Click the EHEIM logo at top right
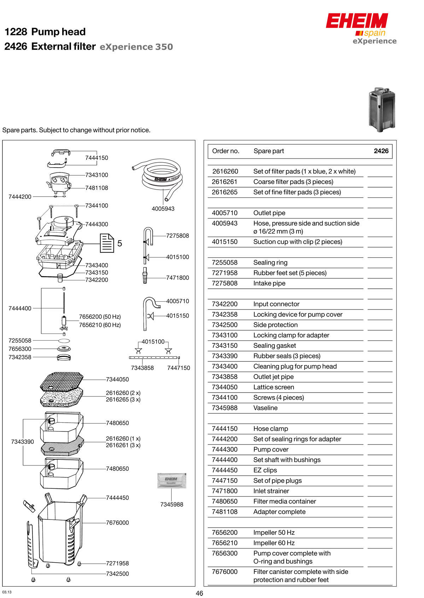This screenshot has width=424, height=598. [x=357, y=21]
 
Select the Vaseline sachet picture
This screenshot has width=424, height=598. [x=172, y=481]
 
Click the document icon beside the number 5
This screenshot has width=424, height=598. [x=107, y=243]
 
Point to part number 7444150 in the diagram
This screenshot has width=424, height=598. [x=96, y=158]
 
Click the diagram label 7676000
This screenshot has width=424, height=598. [x=117, y=523]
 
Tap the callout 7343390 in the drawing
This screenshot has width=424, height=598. [x=22, y=442]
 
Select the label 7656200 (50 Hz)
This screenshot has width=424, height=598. [x=100, y=317]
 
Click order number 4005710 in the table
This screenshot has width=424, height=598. [x=225, y=213]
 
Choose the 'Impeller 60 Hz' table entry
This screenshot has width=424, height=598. [x=274, y=543]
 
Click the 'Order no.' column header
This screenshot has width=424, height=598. [x=225, y=151]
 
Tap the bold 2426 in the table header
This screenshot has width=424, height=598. [x=381, y=151]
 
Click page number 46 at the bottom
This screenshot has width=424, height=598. [x=199, y=593]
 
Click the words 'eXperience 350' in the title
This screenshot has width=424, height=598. [x=136, y=47]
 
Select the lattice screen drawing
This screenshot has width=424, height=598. [x=62, y=381]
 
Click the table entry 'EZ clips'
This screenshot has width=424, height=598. [x=265, y=470]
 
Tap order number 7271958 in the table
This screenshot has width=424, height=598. [x=225, y=273]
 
